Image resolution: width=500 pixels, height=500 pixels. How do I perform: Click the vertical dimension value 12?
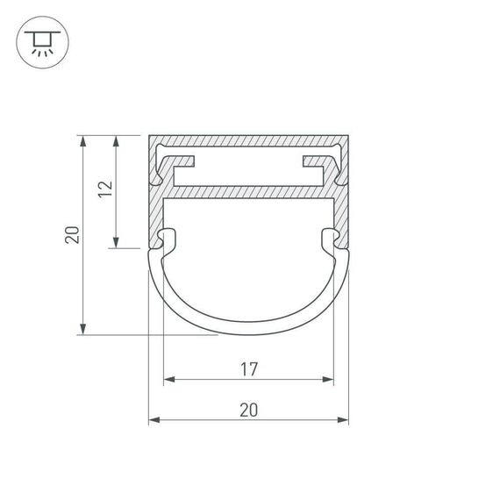point(105,190)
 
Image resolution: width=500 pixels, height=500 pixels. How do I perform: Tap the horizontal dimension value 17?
point(248,369)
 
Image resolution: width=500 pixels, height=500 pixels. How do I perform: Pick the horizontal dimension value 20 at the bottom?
point(248,410)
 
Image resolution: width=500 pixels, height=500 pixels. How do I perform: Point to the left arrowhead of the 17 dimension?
point(168,380)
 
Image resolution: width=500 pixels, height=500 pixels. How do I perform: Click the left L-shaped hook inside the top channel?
point(175,163)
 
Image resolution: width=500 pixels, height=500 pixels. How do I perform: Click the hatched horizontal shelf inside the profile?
point(248,190)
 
